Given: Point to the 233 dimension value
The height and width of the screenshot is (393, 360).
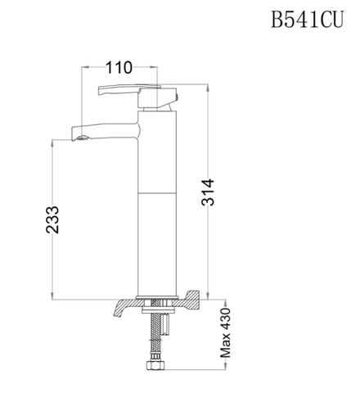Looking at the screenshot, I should [x=51, y=219].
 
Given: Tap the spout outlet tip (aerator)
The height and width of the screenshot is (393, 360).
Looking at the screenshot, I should [x=79, y=137].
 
